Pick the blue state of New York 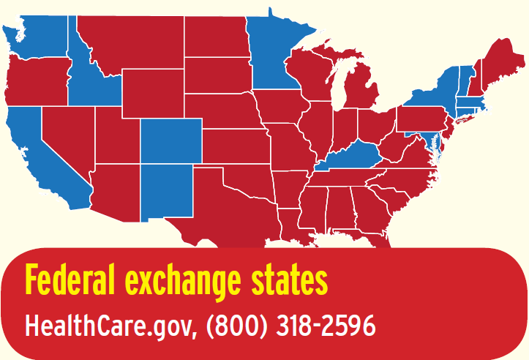(x=432, y=95)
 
